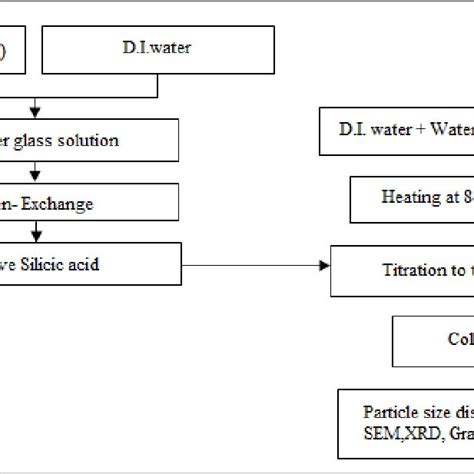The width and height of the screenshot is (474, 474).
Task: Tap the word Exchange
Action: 59,204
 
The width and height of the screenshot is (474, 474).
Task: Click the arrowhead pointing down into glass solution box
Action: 37,113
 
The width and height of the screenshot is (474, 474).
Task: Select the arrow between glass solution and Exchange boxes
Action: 37,170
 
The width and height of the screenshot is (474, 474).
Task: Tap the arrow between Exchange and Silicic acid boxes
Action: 37,234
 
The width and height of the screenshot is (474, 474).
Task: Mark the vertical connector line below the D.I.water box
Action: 157,85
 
